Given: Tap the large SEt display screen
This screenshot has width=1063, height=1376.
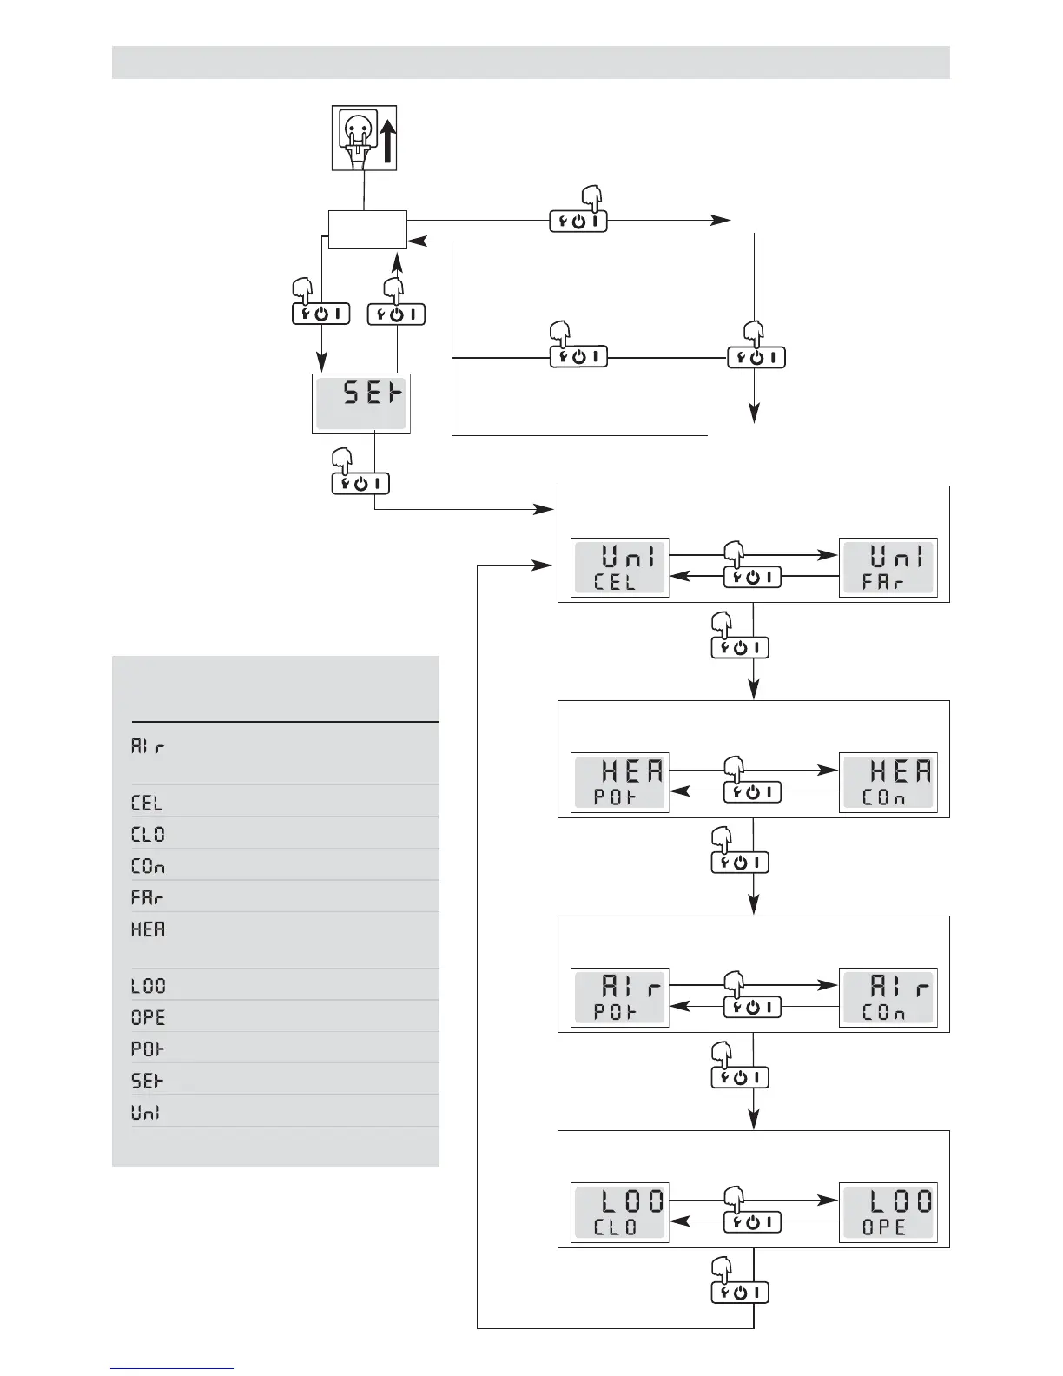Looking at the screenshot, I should (360, 403).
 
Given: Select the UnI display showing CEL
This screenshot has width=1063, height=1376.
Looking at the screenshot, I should (619, 567).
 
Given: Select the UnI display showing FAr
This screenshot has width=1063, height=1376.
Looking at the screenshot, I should (888, 567).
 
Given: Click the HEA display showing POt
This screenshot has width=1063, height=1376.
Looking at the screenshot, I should (619, 782).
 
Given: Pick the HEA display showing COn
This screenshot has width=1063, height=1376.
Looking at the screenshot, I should (888, 782).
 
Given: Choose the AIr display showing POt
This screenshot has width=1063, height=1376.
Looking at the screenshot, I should (619, 997).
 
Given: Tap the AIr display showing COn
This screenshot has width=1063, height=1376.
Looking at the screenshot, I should (888, 997).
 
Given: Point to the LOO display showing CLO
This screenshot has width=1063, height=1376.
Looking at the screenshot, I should (619, 1213).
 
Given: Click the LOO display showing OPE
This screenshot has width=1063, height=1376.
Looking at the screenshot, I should (888, 1213).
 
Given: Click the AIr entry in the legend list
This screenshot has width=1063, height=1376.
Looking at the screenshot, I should (147, 746).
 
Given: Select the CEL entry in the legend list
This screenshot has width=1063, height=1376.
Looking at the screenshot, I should (147, 802).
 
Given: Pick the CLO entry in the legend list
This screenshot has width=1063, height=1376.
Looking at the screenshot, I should (148, 834).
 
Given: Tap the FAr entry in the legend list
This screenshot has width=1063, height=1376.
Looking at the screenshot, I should (147, 897).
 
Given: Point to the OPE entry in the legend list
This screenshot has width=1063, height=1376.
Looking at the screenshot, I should (148, 1017).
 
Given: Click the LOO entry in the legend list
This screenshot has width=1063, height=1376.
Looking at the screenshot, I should (148, 986).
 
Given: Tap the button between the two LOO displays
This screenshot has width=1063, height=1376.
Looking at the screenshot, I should (752, 1221).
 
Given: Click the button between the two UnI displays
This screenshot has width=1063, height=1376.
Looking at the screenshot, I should (752, 577).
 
